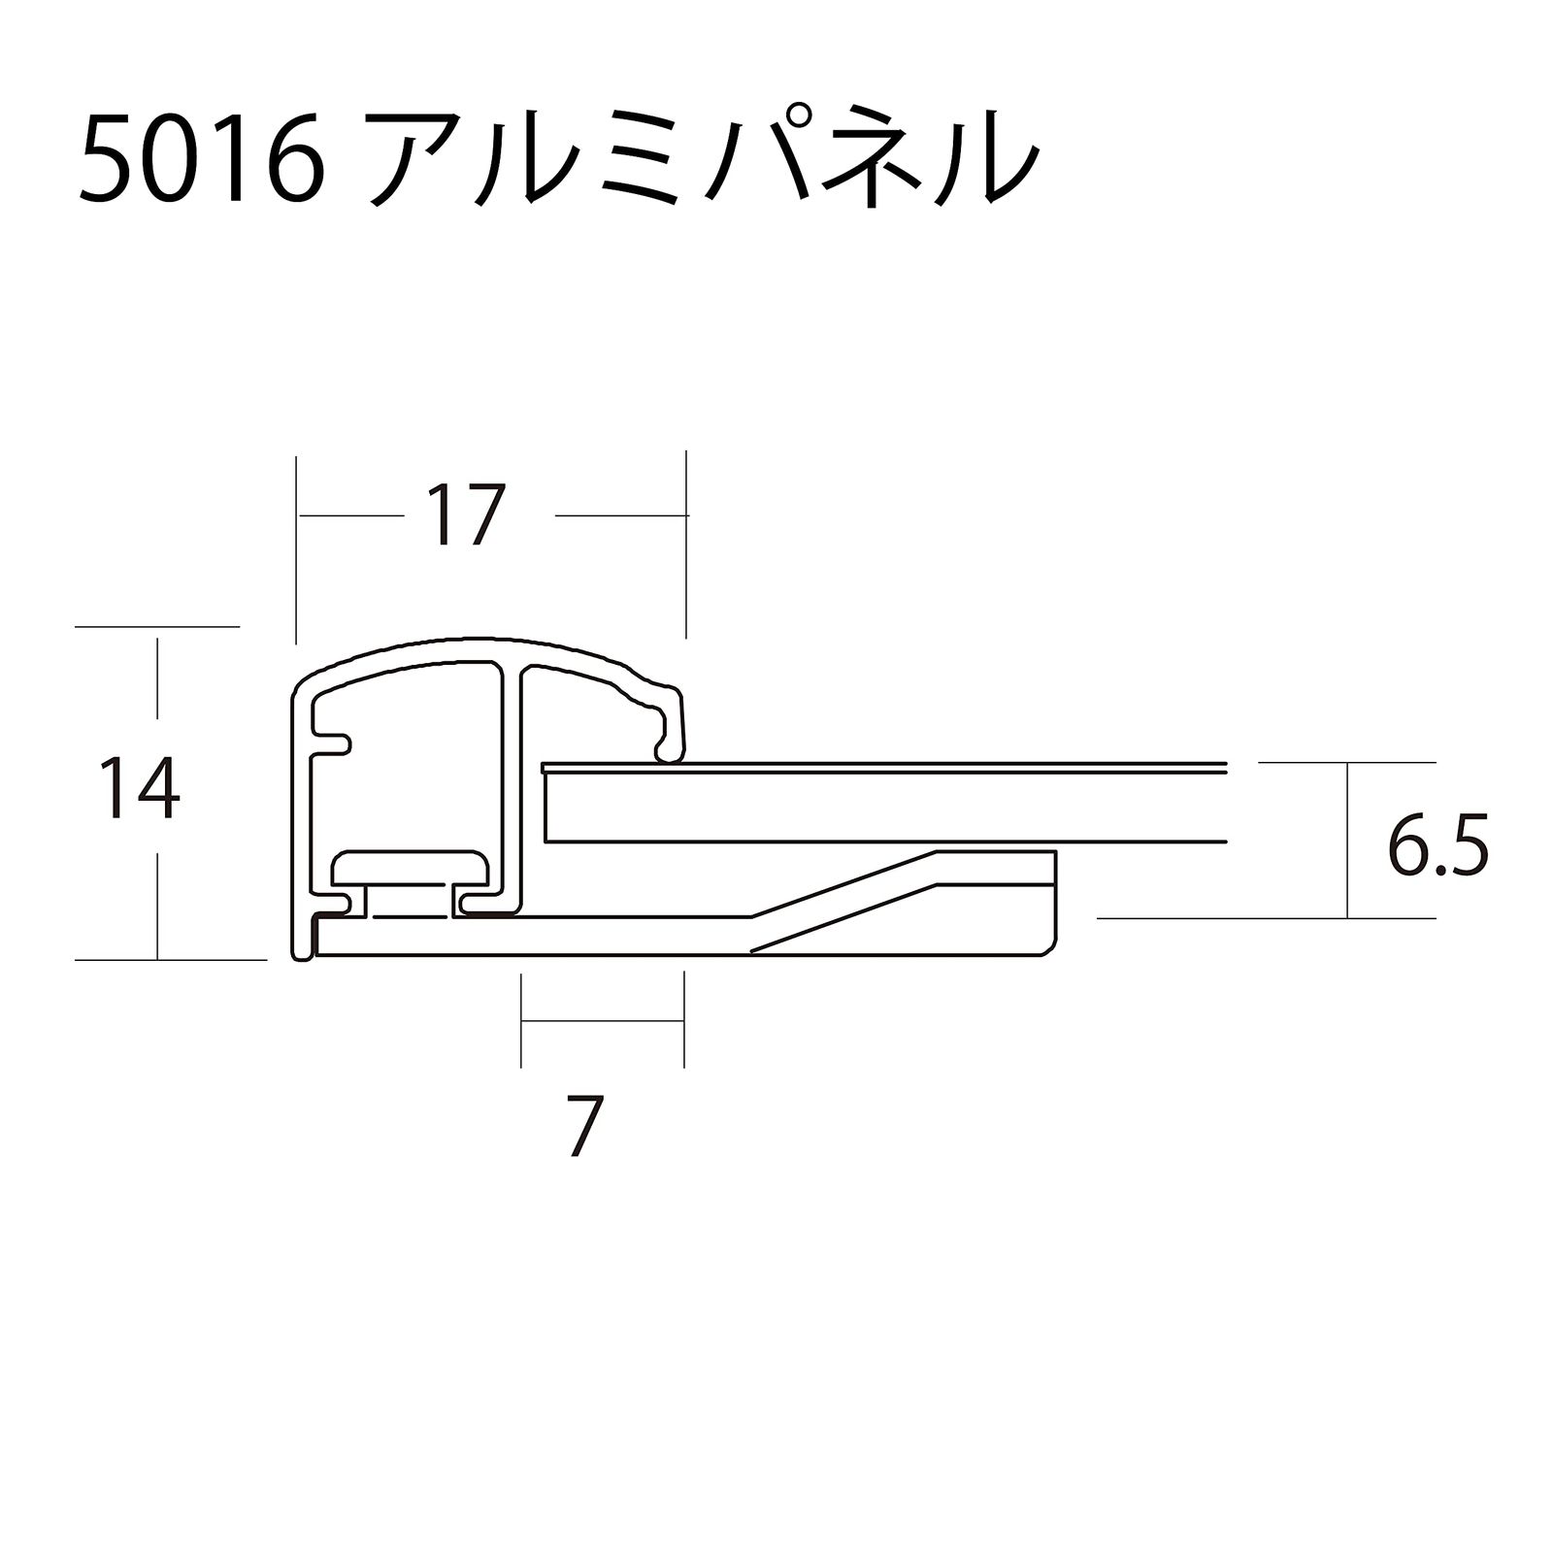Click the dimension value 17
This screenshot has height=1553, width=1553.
(x=469, y=515)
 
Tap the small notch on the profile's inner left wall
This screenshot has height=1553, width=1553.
(x=335, y=743)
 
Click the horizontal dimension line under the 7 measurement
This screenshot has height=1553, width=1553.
(x=602, y=1021)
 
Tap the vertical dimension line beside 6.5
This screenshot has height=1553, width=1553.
(x=1347, y=840)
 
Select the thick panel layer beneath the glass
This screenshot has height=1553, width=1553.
(x=874, y=807)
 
